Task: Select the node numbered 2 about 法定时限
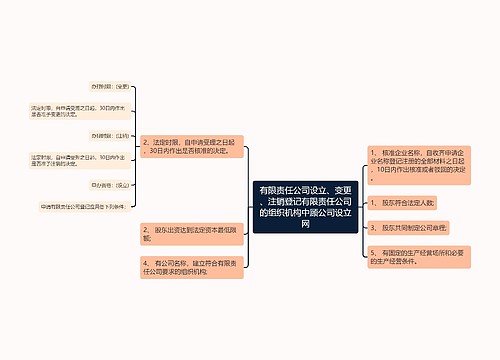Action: pyautogui.click(x=190, y=147)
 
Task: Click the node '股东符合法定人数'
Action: pyautogui.click(x=404, y=202)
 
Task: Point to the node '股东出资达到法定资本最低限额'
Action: pyautogui.click(x=190, y=234)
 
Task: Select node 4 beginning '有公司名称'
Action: pyautogui.click(x=190, y=267)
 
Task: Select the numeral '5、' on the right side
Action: pyautogui.click(x=372, y=256)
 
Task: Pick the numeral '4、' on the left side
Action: pyautogui.click(x=148, y=262)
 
